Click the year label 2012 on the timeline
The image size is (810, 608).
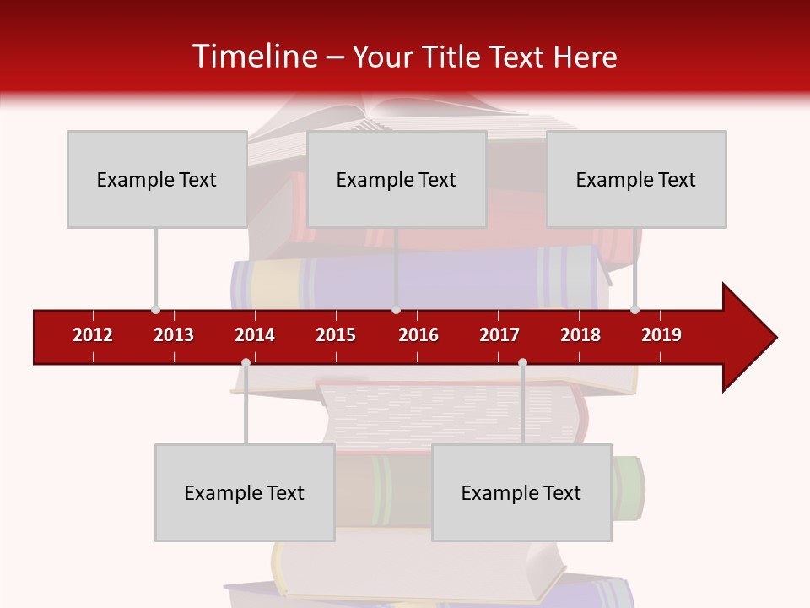tap(93, 335)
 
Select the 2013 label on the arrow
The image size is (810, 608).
tap(174, 335)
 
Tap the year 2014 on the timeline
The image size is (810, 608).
tap(255, 335)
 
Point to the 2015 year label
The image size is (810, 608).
tap(336, 335)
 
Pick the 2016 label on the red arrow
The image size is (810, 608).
tap(418, 335)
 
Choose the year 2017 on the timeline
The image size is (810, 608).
tap(499, 335)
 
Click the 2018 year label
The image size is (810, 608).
tap(580, 335)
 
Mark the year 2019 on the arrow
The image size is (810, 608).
tap(661, 335)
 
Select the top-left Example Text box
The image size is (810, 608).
tap(157, 179)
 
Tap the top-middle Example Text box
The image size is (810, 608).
tap(397, 179)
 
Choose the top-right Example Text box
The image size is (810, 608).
tap(636, 179)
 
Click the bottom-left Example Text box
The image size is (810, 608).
tap(245, 492)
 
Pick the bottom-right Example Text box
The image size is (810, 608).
tap(521, 492)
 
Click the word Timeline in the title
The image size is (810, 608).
tap(253, 57)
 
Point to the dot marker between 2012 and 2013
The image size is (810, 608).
tap(155, 309)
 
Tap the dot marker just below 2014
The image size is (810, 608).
tap(246, 362)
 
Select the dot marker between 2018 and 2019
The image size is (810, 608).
tap(634, 309)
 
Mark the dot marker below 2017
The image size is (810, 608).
tap(522, 362)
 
